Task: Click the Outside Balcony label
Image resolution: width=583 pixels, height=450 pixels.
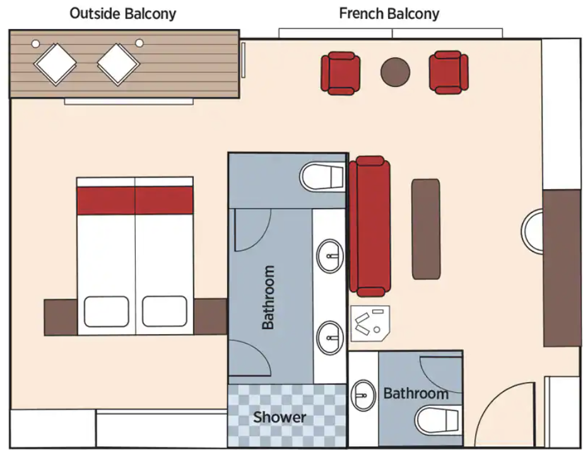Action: pos(122,14)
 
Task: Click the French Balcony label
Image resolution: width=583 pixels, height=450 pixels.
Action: pos(389,14)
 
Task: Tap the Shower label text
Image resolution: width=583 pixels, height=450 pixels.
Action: pos(280,417)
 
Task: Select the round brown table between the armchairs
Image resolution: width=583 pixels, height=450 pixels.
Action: pos(395,72)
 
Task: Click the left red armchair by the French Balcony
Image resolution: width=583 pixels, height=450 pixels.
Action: pos(340,73)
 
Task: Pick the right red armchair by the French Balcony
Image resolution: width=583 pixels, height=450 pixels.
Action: pos(449,72)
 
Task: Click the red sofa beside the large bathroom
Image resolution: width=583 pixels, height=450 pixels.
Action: pos(370,226)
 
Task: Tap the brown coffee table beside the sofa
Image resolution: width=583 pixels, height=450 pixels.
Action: pos(426,229)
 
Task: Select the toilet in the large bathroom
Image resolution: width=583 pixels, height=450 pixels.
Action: pos(322,176)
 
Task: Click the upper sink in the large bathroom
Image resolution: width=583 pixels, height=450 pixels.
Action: pos(330,255)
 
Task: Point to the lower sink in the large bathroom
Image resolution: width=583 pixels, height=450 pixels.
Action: pos(330,337)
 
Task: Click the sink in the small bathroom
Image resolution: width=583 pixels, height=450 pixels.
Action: pos(363,395)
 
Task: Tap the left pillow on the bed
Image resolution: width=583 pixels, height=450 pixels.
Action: pos(107,311)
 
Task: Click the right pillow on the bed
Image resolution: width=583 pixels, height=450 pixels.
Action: pos(165,311)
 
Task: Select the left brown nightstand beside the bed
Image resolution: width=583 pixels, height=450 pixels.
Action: pos(61,318)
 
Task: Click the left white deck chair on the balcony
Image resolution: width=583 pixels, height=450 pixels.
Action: pos(56,64)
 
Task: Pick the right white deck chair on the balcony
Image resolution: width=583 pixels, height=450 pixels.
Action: pos(118,64)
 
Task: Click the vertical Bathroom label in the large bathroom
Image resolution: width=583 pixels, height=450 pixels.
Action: pos(268,297)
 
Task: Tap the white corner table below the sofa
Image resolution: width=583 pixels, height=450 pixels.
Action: pos(370,323)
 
